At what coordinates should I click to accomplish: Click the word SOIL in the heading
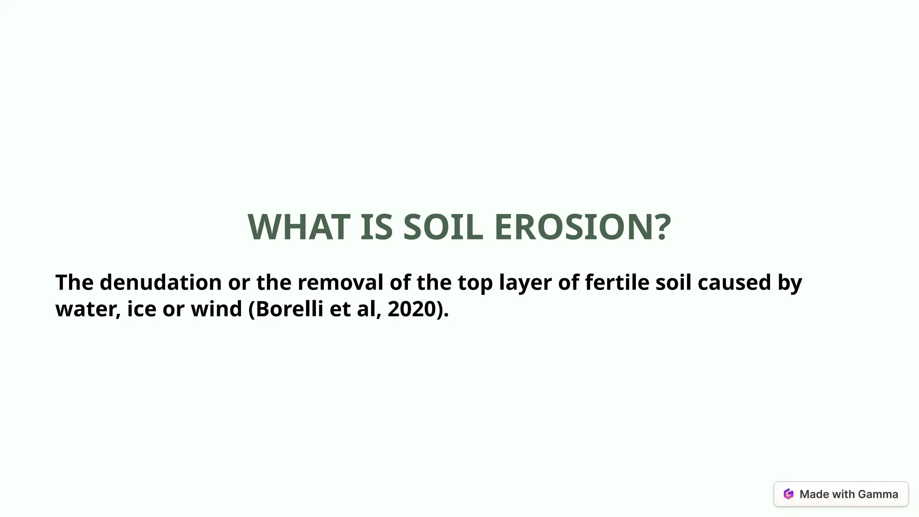(443, 227)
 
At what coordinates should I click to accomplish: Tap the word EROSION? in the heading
(582, 227)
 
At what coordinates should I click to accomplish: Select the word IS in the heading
(376, 227)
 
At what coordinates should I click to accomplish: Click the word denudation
(160, 283)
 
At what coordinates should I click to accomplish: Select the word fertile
(617, 283)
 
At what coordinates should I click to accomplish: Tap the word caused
(734, 283)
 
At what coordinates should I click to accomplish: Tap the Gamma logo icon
(788, 494)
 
